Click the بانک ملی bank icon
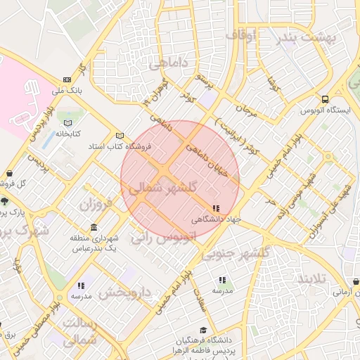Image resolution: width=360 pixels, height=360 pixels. (x=67, y=79)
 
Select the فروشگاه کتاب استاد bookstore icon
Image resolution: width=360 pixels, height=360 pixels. (x=119, y=136)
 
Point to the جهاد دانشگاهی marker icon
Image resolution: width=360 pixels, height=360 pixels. (x=215, y=208)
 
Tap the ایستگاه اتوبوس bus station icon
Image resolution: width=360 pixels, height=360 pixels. (x=324, y=99)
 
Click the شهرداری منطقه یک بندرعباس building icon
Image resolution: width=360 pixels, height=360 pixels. (x=94, y=229)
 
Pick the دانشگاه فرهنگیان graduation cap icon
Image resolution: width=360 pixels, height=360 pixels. (x=204, y=330)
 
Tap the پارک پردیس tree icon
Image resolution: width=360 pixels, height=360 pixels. (x=5, y=200)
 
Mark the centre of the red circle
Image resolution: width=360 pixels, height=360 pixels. (x=180, y=180)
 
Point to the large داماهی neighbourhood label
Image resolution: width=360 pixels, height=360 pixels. (x=168, y=64)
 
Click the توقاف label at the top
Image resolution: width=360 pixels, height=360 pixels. (x=243, y=33)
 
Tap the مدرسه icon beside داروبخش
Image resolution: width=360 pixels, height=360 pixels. (x=81, y=285)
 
